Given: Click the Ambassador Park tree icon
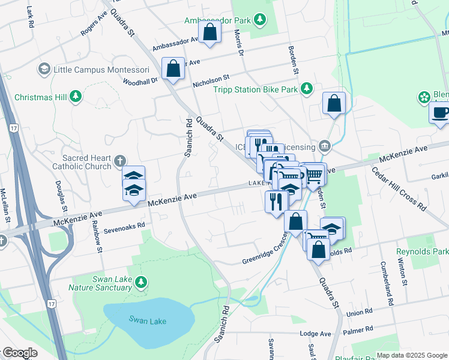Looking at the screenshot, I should [260, 20].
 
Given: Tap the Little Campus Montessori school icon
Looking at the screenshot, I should [44, 69].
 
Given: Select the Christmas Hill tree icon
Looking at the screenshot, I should [76, 97].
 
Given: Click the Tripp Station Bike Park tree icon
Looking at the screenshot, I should [307, 89].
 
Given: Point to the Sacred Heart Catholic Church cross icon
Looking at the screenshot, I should [120, 160].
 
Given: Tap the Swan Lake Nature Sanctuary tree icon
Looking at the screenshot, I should [140, 282].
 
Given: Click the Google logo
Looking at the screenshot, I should [19, 353].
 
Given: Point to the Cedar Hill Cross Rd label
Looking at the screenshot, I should [399, 188].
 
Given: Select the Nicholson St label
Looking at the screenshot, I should [211, 81].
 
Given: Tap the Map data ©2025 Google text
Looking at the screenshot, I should [411, 355].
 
